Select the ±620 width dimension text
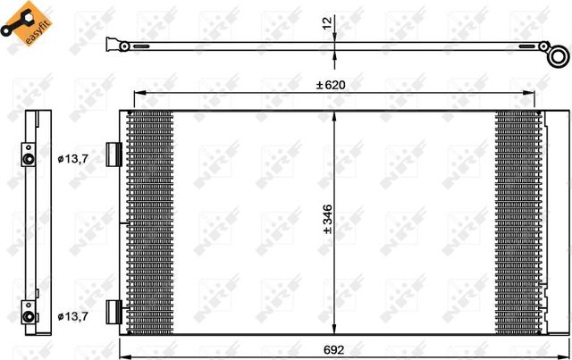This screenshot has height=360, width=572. pyautogui.click(x=330, y=85)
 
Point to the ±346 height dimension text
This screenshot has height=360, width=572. pyautogui.click(x=328, y=218)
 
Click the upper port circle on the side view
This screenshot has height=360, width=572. pyautogui.click(x=29, y=160)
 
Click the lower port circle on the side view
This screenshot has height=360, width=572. pyautogui.click(x=29, y=317)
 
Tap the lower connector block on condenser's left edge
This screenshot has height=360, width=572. pyautogui.click(x=112, y=311)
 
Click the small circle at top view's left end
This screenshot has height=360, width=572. pyautogui.click(x=111, y=43)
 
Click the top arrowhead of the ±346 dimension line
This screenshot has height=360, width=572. pyautogui.click(x=334, y=115)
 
